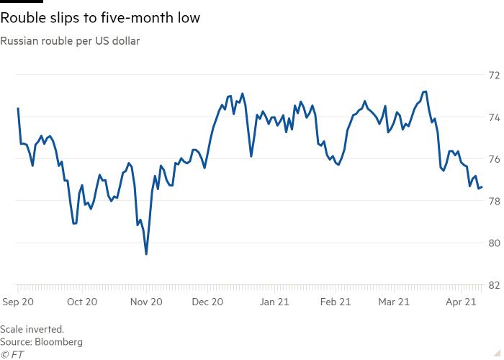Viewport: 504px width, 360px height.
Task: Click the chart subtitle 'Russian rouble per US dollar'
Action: pyautogui.click(x=71, y=41)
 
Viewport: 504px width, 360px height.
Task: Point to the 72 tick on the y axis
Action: pyautogui.click(x=495, y=75)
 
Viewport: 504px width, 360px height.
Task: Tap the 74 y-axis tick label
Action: pyautogui.click(x=495, y=117)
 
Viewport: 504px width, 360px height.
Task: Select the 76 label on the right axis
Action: pyautogui.click(x=495, y=158)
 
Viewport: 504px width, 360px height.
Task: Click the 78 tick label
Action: pyautogui.click(x=495, y=201)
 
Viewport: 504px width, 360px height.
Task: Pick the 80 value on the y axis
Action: pyautogui.click(x=495, y=243)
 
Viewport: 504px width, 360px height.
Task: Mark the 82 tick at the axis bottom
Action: pyautogui.click(x=495, y=285)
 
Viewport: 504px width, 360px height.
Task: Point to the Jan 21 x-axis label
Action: pyautogui.click(x=274, y=303)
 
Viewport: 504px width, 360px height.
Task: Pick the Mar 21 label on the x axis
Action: pyautogui.click(x=395, y=303)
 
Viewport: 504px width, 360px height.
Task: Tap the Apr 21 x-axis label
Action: pyautogui.click(x=462, y=303)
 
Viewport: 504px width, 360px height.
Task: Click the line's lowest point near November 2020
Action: pyautogui.click(x=146, y=253)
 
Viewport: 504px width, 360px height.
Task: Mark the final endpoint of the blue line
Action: pyautogui.click(x=482, y=187)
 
